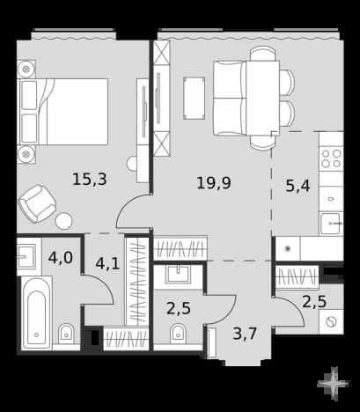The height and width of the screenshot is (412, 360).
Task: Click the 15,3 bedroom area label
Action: [90, 180]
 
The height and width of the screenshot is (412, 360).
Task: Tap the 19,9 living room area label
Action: [214, 183]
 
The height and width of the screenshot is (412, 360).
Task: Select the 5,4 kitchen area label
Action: [298, 186]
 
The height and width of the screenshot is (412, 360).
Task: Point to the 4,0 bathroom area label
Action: [61, 258]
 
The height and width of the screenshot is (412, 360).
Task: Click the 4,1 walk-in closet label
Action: [107, 263]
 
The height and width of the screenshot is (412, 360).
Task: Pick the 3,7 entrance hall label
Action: [245, 334]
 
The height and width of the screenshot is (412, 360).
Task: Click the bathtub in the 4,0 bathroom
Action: [37, 313]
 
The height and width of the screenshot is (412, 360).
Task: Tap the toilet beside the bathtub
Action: [67, 335]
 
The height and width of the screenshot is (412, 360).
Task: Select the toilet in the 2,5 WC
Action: [179, 334]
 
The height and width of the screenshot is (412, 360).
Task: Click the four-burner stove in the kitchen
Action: [331, 158]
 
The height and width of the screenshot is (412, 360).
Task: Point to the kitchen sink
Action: [332, 224]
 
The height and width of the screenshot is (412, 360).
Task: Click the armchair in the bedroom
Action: [38, 203]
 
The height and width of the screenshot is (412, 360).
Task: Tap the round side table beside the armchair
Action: [64, 221]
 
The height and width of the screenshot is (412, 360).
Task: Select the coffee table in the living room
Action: [194, 99]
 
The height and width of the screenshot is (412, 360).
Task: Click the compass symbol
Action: [334, 384]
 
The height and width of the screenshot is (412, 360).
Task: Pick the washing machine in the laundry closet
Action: [331, 321]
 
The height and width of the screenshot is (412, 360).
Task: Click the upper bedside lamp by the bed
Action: [26, 70]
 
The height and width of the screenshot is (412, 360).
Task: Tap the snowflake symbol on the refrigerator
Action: [288, 249]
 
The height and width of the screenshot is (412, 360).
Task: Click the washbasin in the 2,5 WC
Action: [178, 274]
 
